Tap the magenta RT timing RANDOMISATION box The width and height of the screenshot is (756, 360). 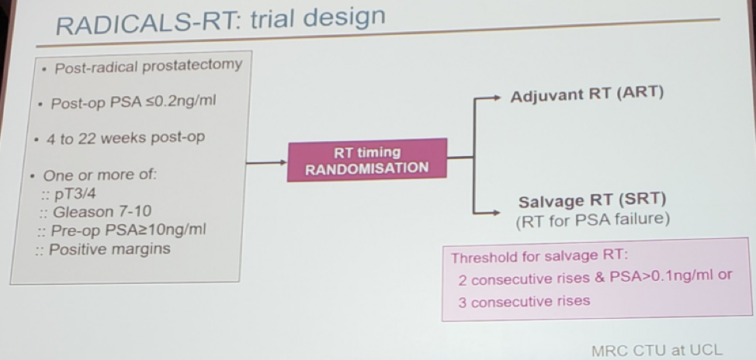[x=367, y=161]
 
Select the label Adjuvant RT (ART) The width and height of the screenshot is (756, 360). [x=587, y=94]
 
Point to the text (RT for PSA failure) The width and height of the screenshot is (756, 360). [x=592, y=220]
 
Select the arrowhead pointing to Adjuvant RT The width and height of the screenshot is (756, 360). [x=496, y=98]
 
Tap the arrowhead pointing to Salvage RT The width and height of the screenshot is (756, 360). [x=496, y=213]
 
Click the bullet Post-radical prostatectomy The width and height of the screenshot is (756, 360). [x=148, y=66]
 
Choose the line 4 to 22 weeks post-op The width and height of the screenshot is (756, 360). [x=126, y=138]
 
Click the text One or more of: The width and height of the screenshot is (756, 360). [x=100, y=175]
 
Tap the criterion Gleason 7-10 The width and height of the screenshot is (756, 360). [x=102, y=212]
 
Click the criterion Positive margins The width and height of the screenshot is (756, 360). [x=109, y=249]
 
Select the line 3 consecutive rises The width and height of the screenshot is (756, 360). [x=524, y=302]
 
